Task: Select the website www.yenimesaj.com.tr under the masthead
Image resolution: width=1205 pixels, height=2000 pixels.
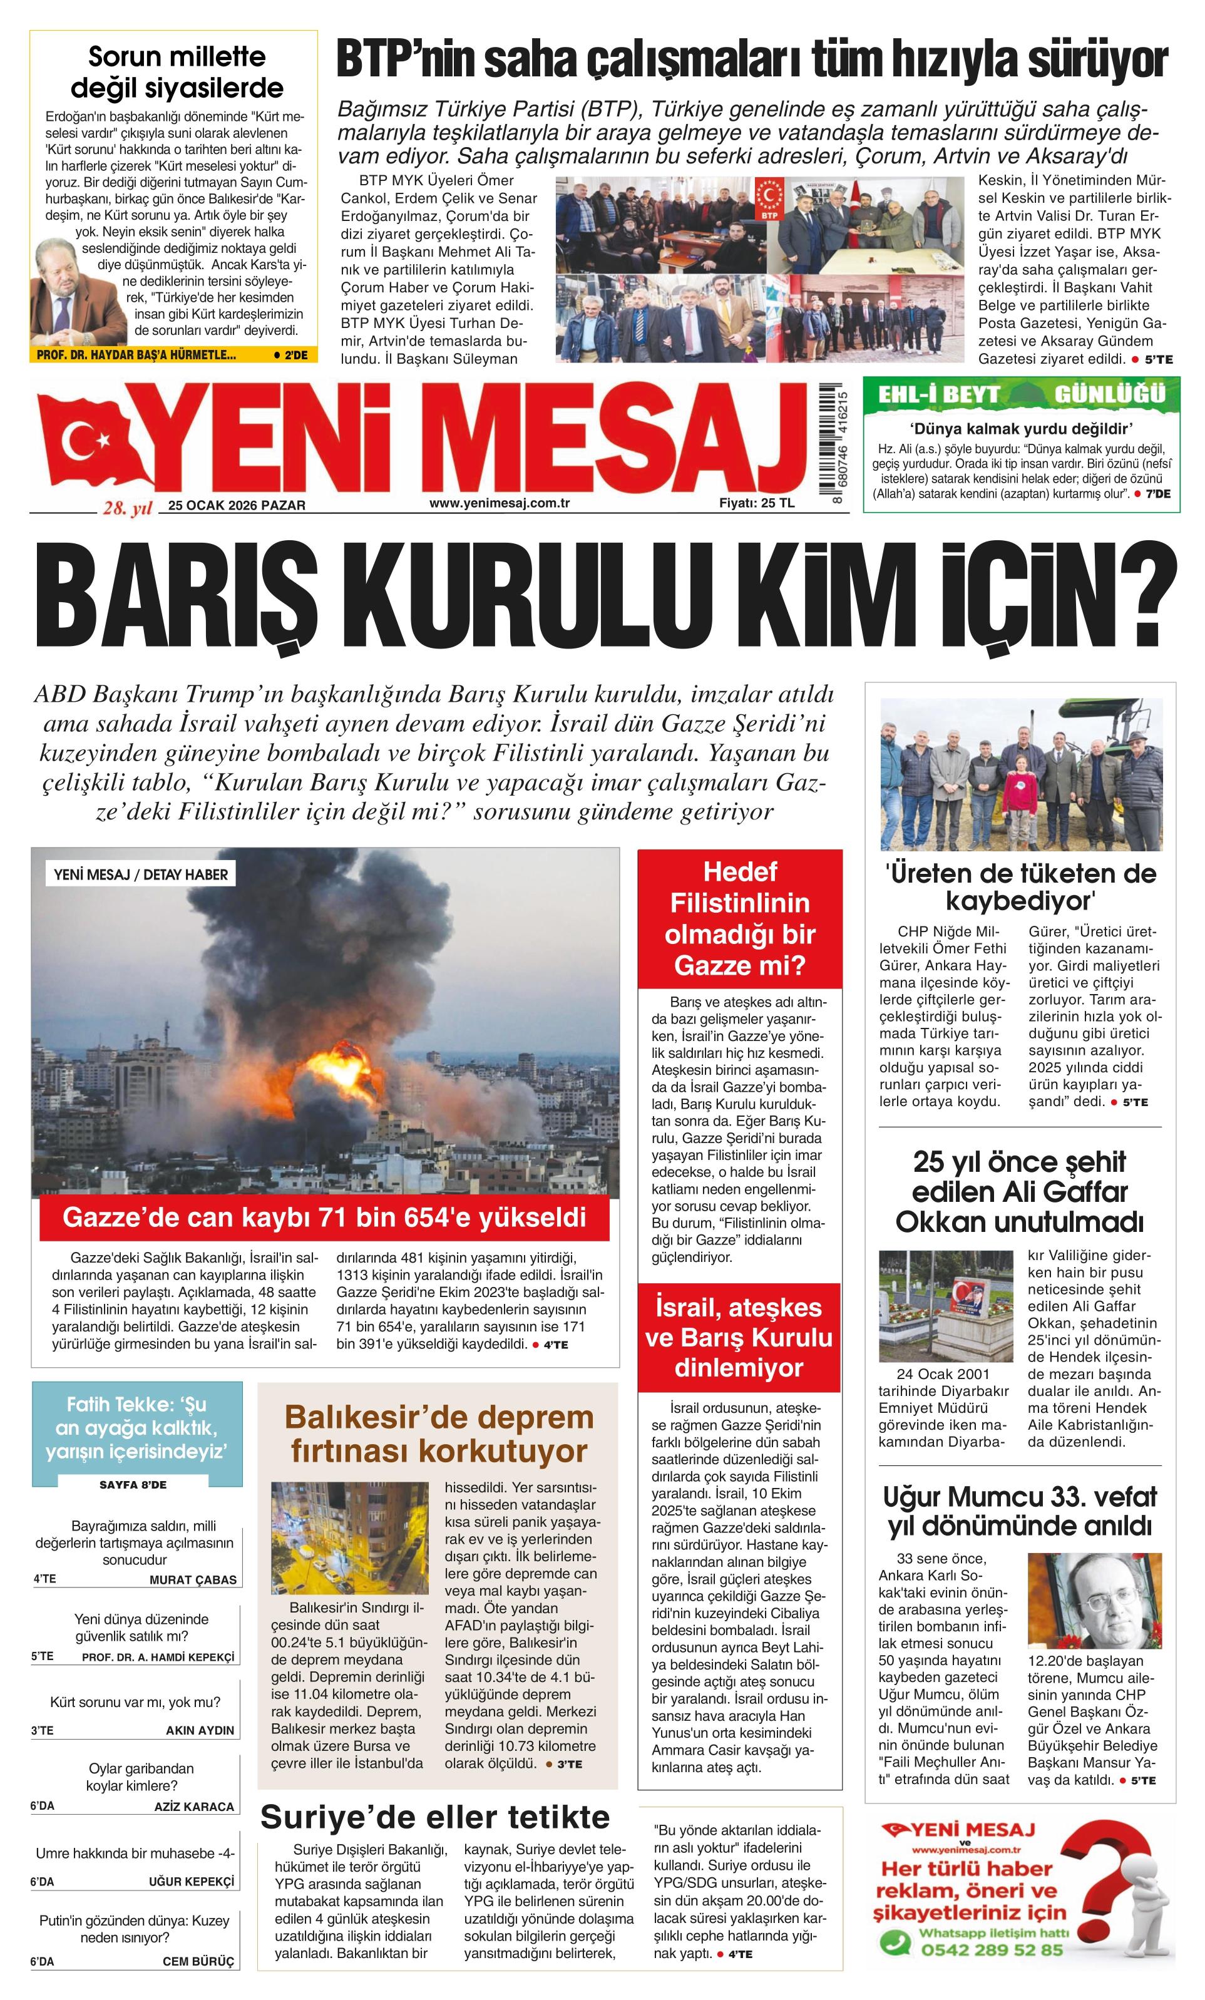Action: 499,503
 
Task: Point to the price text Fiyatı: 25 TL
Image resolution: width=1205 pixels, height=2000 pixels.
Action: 756,503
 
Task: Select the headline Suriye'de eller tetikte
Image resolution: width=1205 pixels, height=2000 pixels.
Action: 435,1817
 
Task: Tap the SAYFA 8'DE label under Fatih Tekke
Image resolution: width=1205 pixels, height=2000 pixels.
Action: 133,1485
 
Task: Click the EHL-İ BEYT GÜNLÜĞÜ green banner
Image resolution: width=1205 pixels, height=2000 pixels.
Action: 1021,394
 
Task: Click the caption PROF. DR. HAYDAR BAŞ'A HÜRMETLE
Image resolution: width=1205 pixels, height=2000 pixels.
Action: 136,355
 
